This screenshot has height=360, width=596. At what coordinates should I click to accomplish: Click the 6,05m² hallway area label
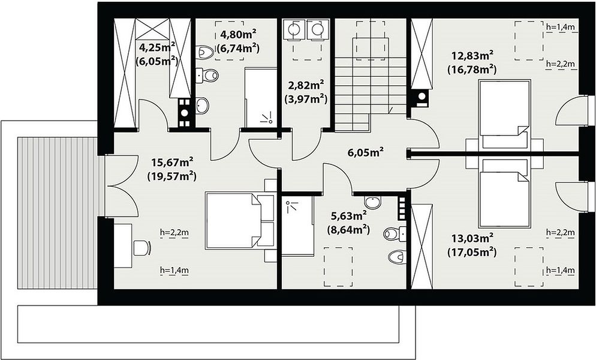365,152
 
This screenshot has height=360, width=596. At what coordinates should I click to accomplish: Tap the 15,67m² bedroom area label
172,163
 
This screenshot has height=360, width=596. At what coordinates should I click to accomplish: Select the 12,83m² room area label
472,56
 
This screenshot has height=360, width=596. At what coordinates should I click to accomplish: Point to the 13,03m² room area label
472,239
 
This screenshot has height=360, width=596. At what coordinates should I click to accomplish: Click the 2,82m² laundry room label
306,85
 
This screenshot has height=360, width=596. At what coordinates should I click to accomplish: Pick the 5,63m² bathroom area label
348,216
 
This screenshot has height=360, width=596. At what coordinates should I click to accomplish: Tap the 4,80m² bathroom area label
238,34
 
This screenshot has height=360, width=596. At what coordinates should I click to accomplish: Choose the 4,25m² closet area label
157,47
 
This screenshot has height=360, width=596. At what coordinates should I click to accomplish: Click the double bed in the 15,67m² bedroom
239,221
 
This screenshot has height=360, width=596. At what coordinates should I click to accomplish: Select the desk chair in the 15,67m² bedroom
142,248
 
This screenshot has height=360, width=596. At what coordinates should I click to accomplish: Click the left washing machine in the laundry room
293,29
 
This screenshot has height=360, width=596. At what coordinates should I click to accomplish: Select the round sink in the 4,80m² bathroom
202,104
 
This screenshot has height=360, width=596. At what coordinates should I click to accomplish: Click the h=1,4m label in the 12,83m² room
560,26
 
